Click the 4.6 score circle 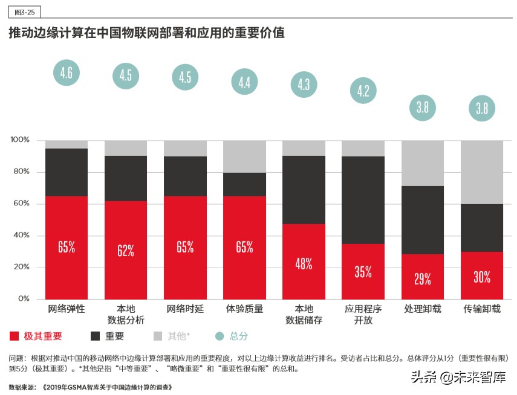click(x=67, y=73)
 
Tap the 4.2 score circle click(x=363, y=92)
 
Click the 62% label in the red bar click(x=126, y=251)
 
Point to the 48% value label click(x=304, y=263)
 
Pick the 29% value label click(x=423, y=279)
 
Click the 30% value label click(x=482, y=277)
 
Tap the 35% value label click(x=363, y=272)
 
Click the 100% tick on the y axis click(x=20, y=140)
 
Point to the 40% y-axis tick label click(x=22, y=236)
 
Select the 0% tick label click(x=24, y=299)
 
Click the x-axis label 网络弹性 click(x=67, y=309)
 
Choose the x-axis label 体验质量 click(x=245, y=309)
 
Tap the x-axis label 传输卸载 click(x=482, y=309)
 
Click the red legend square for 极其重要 click(x=15, y=336)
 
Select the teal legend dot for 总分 click(x=219, y=336)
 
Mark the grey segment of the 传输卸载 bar click(x=482, y=172)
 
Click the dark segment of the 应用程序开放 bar click(x=363, y=200)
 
